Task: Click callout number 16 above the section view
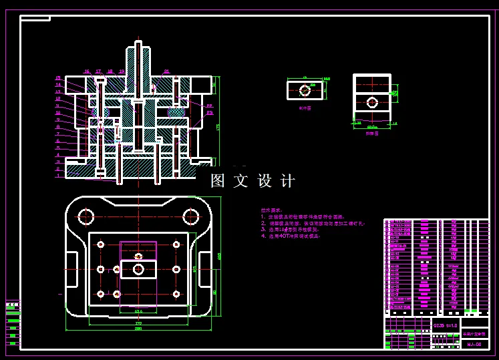[x=86, y=71]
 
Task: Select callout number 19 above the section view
[x=122, y=71]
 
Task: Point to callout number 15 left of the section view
[x=58, y=78]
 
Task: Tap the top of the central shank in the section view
[x=138, y=44]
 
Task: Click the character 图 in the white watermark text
[x=218, y=180]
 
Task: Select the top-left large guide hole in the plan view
[x=86, y=216]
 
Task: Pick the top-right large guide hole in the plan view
[x=191, y=216]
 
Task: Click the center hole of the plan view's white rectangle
[x=138, y=269]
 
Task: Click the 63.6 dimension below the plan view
[x=138, y=311]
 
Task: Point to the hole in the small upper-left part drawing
[x=305, y=89]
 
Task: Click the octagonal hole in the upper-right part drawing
[x=372, y=102]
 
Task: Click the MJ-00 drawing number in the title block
[x=474, y=344]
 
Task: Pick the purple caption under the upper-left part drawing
[x=305, y=107]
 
